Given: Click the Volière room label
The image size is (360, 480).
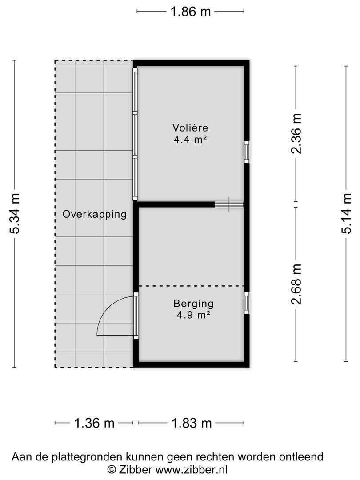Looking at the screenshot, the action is [190, 128].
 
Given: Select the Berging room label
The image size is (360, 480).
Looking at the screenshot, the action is [193, 304].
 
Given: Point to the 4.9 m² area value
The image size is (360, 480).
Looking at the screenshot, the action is [193, 315].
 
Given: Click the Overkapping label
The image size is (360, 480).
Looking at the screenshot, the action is [95, 214].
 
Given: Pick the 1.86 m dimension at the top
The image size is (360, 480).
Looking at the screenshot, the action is [190, 12].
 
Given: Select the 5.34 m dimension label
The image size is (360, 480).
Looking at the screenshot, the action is [15, 213].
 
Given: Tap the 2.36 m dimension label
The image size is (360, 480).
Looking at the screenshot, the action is [296, 133].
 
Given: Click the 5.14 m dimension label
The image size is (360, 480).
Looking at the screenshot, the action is [346, 213].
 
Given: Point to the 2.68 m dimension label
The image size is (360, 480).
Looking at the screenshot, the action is [296, 284].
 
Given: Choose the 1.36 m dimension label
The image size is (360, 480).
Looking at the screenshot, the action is [94, 424].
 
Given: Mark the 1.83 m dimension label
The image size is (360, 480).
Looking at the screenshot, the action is [191, 424].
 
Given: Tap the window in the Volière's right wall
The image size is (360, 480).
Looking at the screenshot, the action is [246, 152].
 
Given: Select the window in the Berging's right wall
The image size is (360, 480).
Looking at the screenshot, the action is [246, 303].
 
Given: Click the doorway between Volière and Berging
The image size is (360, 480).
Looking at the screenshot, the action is [229, 204].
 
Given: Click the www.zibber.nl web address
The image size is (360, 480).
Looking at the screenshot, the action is [191, 469].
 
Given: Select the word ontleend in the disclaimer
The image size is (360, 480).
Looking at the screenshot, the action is [301, 457].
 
